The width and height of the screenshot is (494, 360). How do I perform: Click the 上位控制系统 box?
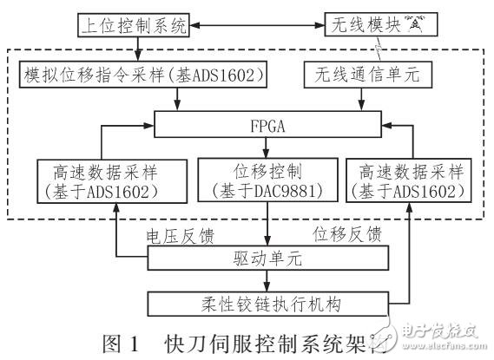[134, 24]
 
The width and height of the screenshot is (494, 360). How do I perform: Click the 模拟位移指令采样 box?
[141, 76]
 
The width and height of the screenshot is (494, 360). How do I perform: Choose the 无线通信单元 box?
[360, 76]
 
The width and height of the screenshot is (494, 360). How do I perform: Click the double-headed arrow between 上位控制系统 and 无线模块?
[257, 24]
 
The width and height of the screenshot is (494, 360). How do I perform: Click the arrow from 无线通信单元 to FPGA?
[360, 100]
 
